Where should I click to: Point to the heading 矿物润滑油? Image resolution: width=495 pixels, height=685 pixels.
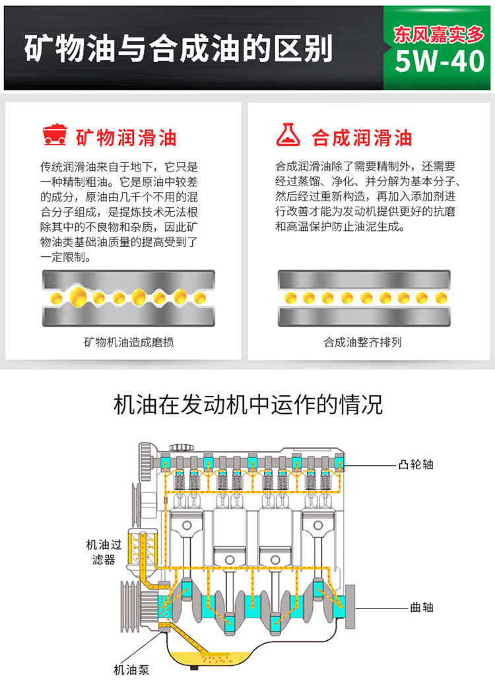(x=126, y=137)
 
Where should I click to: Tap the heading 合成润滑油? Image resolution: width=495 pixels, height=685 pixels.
(x=362, y=137)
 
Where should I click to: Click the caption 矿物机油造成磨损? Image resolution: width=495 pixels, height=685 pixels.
(x=129, y=342)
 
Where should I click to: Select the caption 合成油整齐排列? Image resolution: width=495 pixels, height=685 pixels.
(x=362, y=342)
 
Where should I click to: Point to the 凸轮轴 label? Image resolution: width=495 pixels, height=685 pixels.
(x=416, y=465)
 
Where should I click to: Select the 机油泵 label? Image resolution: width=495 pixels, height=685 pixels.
(x=132, y=670)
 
